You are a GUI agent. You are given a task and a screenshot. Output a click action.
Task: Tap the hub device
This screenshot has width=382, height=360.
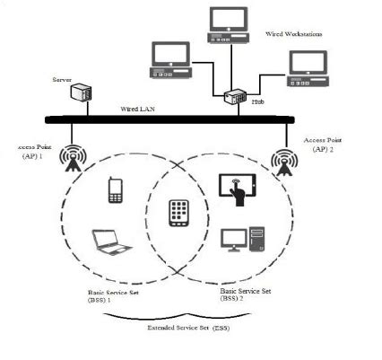coord(237,98)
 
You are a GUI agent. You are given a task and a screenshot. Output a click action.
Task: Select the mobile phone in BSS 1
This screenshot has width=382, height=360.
coord(115,189)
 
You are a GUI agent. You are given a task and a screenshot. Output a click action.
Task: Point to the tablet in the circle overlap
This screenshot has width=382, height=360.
coord(180,212)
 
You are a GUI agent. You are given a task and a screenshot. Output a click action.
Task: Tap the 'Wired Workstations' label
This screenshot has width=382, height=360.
coord(293,33)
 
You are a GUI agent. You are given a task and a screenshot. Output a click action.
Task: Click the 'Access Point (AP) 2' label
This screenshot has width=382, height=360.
coord(323,145)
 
